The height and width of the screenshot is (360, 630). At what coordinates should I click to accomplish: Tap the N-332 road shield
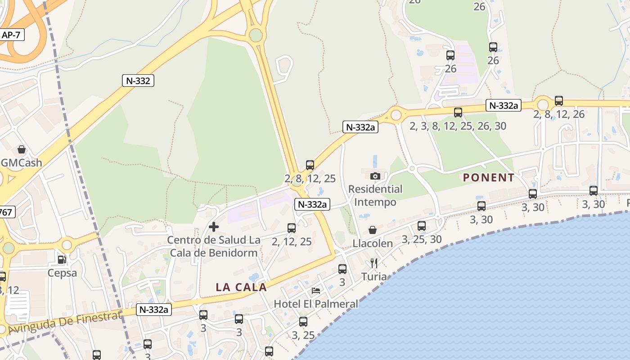138,81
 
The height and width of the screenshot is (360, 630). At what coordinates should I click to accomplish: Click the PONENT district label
489,178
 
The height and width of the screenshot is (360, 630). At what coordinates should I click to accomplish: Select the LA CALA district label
241,287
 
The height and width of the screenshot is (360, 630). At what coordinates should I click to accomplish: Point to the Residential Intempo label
375,195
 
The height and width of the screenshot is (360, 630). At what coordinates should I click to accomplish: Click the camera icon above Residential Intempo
375,176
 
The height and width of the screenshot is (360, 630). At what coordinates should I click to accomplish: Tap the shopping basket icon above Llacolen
373,230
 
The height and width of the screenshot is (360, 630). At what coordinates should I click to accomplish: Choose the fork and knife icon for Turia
374,263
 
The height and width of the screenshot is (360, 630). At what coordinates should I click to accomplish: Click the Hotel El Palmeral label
316,304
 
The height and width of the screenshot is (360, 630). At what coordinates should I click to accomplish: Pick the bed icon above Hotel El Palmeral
316,291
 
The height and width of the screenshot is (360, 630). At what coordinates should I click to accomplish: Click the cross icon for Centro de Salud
214,227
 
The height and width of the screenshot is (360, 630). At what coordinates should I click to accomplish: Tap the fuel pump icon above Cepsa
62,260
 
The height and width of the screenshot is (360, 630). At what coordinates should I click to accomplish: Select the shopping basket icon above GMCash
21,149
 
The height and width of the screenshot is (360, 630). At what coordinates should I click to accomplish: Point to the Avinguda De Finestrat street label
65,323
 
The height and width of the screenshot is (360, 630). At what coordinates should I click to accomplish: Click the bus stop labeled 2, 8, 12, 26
559,101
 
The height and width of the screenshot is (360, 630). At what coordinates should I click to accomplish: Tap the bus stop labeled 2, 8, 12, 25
310,165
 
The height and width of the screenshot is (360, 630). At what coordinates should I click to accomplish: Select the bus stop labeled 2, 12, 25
292,228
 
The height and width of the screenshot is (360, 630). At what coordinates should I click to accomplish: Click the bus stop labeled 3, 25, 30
422,226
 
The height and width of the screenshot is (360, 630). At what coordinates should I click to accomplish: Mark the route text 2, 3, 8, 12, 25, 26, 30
458,126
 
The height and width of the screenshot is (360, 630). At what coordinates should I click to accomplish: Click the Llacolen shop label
373,243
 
